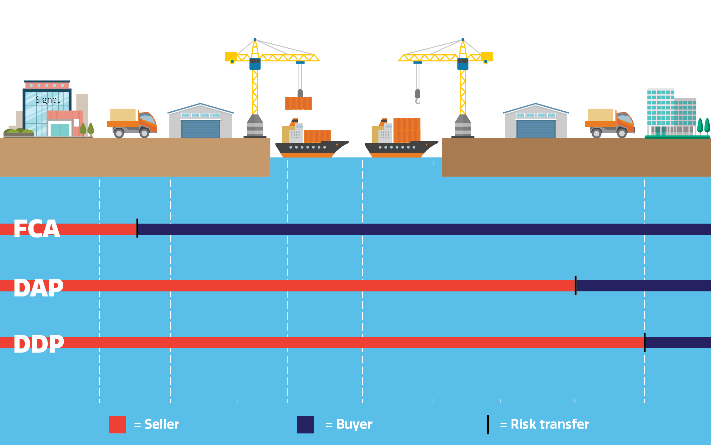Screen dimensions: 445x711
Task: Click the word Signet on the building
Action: [47, 100]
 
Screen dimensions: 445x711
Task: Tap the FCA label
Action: [37, 229]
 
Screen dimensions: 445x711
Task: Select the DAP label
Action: [38, 287]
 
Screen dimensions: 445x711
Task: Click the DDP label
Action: [39, 344]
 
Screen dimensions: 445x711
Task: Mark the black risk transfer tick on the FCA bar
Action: [137, 228]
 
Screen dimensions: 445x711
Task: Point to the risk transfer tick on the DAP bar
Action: [575, 286]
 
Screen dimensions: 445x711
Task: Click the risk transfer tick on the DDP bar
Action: [645, 342]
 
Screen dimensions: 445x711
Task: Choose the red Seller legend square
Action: [118, 425]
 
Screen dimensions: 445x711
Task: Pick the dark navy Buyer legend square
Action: [305, 425]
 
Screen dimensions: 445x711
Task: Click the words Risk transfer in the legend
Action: [550, 424]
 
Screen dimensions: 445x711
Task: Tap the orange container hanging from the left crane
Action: [298, 104]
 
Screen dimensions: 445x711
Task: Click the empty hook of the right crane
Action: [418, 100]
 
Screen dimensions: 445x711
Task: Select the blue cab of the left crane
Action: [255, 63]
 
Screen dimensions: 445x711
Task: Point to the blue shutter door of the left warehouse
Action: [200, 129]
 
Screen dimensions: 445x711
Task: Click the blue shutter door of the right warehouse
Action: [536, 129]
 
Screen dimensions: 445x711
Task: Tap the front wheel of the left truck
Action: [144, 133]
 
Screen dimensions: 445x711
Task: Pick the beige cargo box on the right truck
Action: [601, 115]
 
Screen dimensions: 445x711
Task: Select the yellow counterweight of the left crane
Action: [230, 57]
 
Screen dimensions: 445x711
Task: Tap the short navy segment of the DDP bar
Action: [678, 342]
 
